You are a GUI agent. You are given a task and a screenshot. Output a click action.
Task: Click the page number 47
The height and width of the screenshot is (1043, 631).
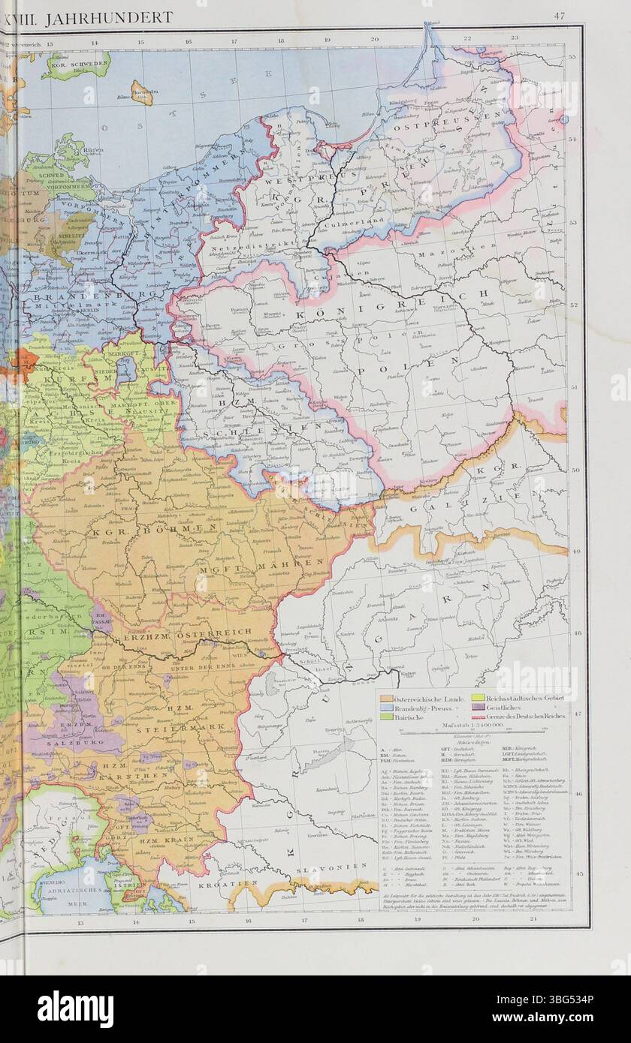560,16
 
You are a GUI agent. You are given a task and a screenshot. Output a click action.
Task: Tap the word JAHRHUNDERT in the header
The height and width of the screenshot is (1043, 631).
108,17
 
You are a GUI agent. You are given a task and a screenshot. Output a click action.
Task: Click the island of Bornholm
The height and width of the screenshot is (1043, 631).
140,92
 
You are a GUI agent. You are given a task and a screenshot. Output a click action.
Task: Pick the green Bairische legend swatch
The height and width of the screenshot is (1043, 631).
388,716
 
